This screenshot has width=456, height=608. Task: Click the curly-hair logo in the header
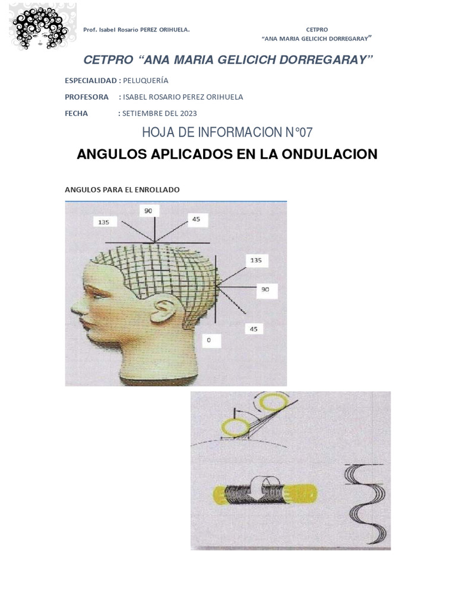[x=42, y=27]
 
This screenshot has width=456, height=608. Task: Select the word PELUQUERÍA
[x=146, y=81]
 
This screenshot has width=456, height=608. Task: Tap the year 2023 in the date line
[x=188, y=113]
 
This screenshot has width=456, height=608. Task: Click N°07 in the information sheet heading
[x=299, y=132]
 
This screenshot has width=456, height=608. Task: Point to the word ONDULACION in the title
[x=330, y=154]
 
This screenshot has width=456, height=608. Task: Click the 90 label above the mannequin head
[x=148, y=211]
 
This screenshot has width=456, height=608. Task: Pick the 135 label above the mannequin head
[x=104, y=222]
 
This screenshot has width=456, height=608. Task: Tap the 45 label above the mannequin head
[x=196, y=219]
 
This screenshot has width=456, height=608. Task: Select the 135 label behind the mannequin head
[x=256, y=260]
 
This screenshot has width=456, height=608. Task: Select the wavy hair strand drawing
[x=366, y=503]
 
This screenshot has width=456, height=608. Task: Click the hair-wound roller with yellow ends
[x=265, y=493]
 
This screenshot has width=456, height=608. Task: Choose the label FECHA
[x=77, y=113]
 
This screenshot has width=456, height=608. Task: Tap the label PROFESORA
[x=87, y=97]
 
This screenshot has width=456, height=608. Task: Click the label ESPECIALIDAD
[x=91, y=81]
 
